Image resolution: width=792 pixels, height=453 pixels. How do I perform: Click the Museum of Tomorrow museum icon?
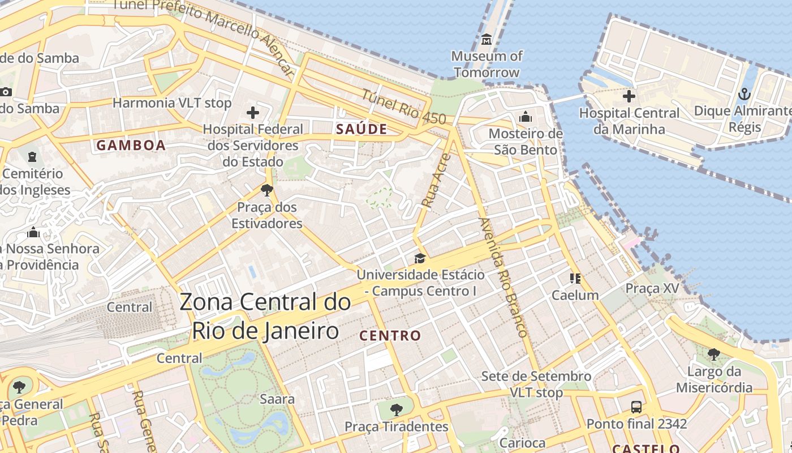tap(487, 40)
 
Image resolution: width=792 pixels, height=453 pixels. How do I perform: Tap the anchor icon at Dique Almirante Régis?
tap(744, 94)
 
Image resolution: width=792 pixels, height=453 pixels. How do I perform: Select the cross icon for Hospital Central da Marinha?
tap(629, 96)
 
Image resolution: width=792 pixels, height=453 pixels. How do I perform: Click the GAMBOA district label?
tap(131, 146)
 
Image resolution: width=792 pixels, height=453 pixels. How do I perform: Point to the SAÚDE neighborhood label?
tap(361, 129)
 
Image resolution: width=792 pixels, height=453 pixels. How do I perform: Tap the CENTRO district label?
tap(390, 336)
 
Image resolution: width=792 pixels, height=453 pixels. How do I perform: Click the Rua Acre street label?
tap(436, 182)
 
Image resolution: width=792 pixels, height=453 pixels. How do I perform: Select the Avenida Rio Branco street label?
tap(503, 277)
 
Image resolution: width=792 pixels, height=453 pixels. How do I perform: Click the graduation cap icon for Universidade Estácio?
tap(420, 258)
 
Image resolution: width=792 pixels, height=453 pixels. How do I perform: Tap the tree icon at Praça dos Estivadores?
tap(267, 190)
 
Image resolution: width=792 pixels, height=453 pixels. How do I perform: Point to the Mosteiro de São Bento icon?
tap(526, 117)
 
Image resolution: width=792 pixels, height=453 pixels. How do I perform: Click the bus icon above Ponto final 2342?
tap(636, 407)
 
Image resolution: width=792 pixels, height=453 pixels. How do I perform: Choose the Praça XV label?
tap(652, 288)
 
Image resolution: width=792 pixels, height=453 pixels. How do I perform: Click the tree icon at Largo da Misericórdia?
tap(714, 354)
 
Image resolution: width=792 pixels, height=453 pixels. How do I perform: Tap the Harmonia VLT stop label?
tap(172, 103)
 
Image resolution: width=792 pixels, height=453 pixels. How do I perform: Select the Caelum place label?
tap(575, 295)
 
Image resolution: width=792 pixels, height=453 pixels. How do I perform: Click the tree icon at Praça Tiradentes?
tap(397, 409)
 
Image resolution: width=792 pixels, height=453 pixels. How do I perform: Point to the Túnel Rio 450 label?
tap(404, 108)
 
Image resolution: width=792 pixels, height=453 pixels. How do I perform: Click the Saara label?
tap(277, 399)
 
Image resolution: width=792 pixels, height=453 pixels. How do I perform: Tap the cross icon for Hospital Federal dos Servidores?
tap(253, 112)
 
